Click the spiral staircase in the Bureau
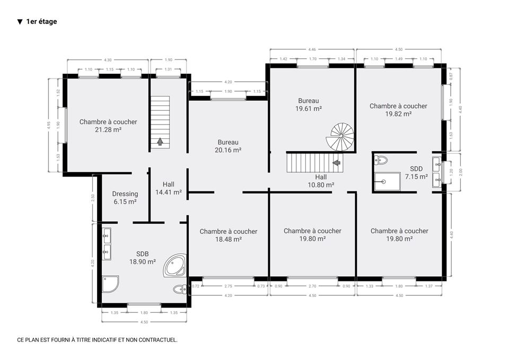coord(340,137)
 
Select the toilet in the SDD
coord(381,160)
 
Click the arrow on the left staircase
coord(160,142)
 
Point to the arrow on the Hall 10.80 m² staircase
coord(337,162)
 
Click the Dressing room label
coord(125,198)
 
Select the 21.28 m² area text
coord(108,130)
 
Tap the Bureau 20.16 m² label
coord(228,146)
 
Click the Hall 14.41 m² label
coord(169,188)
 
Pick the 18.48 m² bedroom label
coord(228,235)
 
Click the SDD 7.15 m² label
coord(416,173)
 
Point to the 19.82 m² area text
coord(398,114)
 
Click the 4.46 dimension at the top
coord(312,49)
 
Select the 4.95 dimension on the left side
coord(49,125)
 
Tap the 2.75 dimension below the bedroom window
coord(228,286)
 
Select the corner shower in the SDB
coord(110,284)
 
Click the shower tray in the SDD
coord(387,182)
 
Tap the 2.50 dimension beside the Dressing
coord(93,198)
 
